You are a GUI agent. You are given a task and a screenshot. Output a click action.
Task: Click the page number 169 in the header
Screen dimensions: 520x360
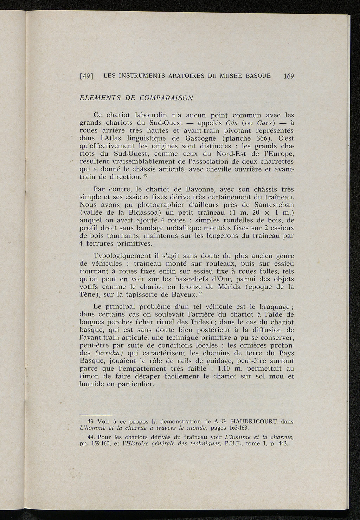[287, 76]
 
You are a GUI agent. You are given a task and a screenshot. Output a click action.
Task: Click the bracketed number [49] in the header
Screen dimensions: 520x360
[86, 76]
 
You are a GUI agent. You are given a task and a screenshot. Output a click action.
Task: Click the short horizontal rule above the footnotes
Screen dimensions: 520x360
[96, 415]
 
